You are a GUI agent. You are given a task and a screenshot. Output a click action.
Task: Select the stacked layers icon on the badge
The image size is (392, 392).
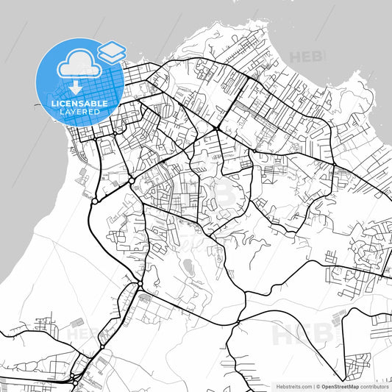(x=111, y=51)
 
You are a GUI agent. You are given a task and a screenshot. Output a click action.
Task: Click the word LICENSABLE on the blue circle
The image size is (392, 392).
(x=79, y=104)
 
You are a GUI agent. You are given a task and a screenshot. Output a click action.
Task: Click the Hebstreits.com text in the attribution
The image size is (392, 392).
(x=292, y=385)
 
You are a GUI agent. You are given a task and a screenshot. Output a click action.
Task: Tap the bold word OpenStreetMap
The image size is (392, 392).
(x=341, y=385)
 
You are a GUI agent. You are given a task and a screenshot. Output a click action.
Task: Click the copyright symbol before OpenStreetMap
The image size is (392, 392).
(x=319, y=385)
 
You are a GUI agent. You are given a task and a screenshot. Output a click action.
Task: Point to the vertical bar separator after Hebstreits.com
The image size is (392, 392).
(x=313, y=385)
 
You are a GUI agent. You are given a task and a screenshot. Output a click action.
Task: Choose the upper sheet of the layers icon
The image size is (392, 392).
(x=111, y=48)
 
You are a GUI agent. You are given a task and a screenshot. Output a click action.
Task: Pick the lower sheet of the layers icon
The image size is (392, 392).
(x=111, y=56)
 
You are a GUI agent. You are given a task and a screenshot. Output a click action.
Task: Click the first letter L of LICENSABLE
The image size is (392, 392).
(x=51, y=104)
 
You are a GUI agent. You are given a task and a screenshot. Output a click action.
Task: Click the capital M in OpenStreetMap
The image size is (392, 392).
(x=350, y=385)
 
